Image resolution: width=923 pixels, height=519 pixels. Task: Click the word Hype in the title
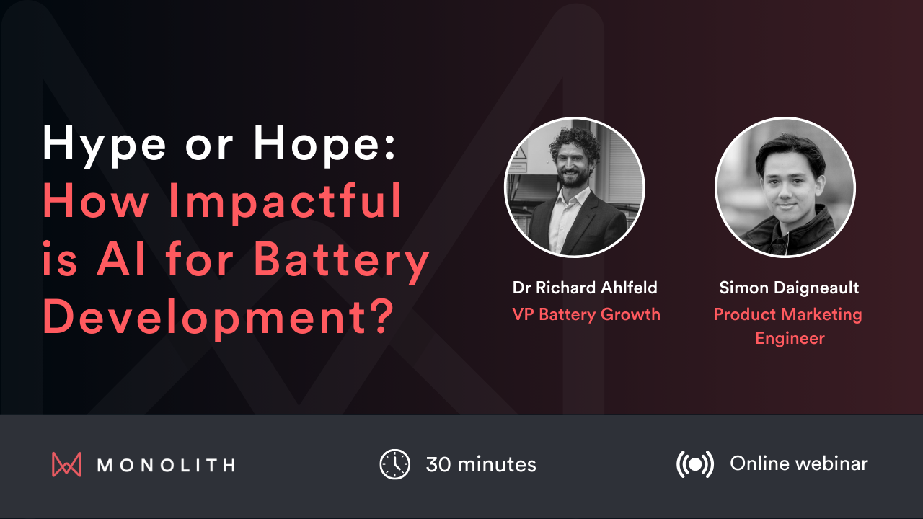click(100, 144)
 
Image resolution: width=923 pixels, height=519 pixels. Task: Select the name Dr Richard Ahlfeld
click(585, 288)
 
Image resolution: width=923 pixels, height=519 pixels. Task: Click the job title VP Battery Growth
click(586, 314)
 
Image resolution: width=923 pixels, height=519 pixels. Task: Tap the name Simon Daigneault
click(789, 288)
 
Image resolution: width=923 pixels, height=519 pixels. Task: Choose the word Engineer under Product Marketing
click(790, 338)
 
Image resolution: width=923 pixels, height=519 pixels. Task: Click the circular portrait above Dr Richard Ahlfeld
click(575, 187)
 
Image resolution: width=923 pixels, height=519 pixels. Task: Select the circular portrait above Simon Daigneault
click(785, 187)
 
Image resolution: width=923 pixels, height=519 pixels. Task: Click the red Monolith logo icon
click(67, 464)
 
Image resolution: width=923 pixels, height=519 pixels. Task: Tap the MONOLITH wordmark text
click(166, 465)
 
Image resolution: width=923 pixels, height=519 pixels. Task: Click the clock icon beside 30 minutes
click(394, 464)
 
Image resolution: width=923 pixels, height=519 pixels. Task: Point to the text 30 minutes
click(481, 464)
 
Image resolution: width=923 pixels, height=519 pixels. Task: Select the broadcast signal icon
click(695, 464)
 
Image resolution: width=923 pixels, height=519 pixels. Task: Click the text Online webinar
click(799, 463)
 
